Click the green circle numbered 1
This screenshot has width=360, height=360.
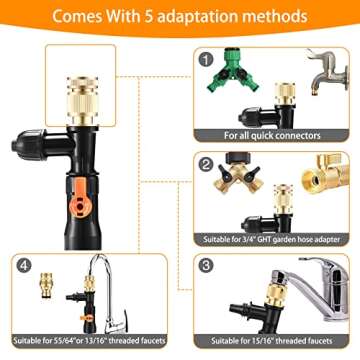[206, 58]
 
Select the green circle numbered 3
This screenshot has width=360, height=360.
[206, 266]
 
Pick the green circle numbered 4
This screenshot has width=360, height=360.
[21, 266]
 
